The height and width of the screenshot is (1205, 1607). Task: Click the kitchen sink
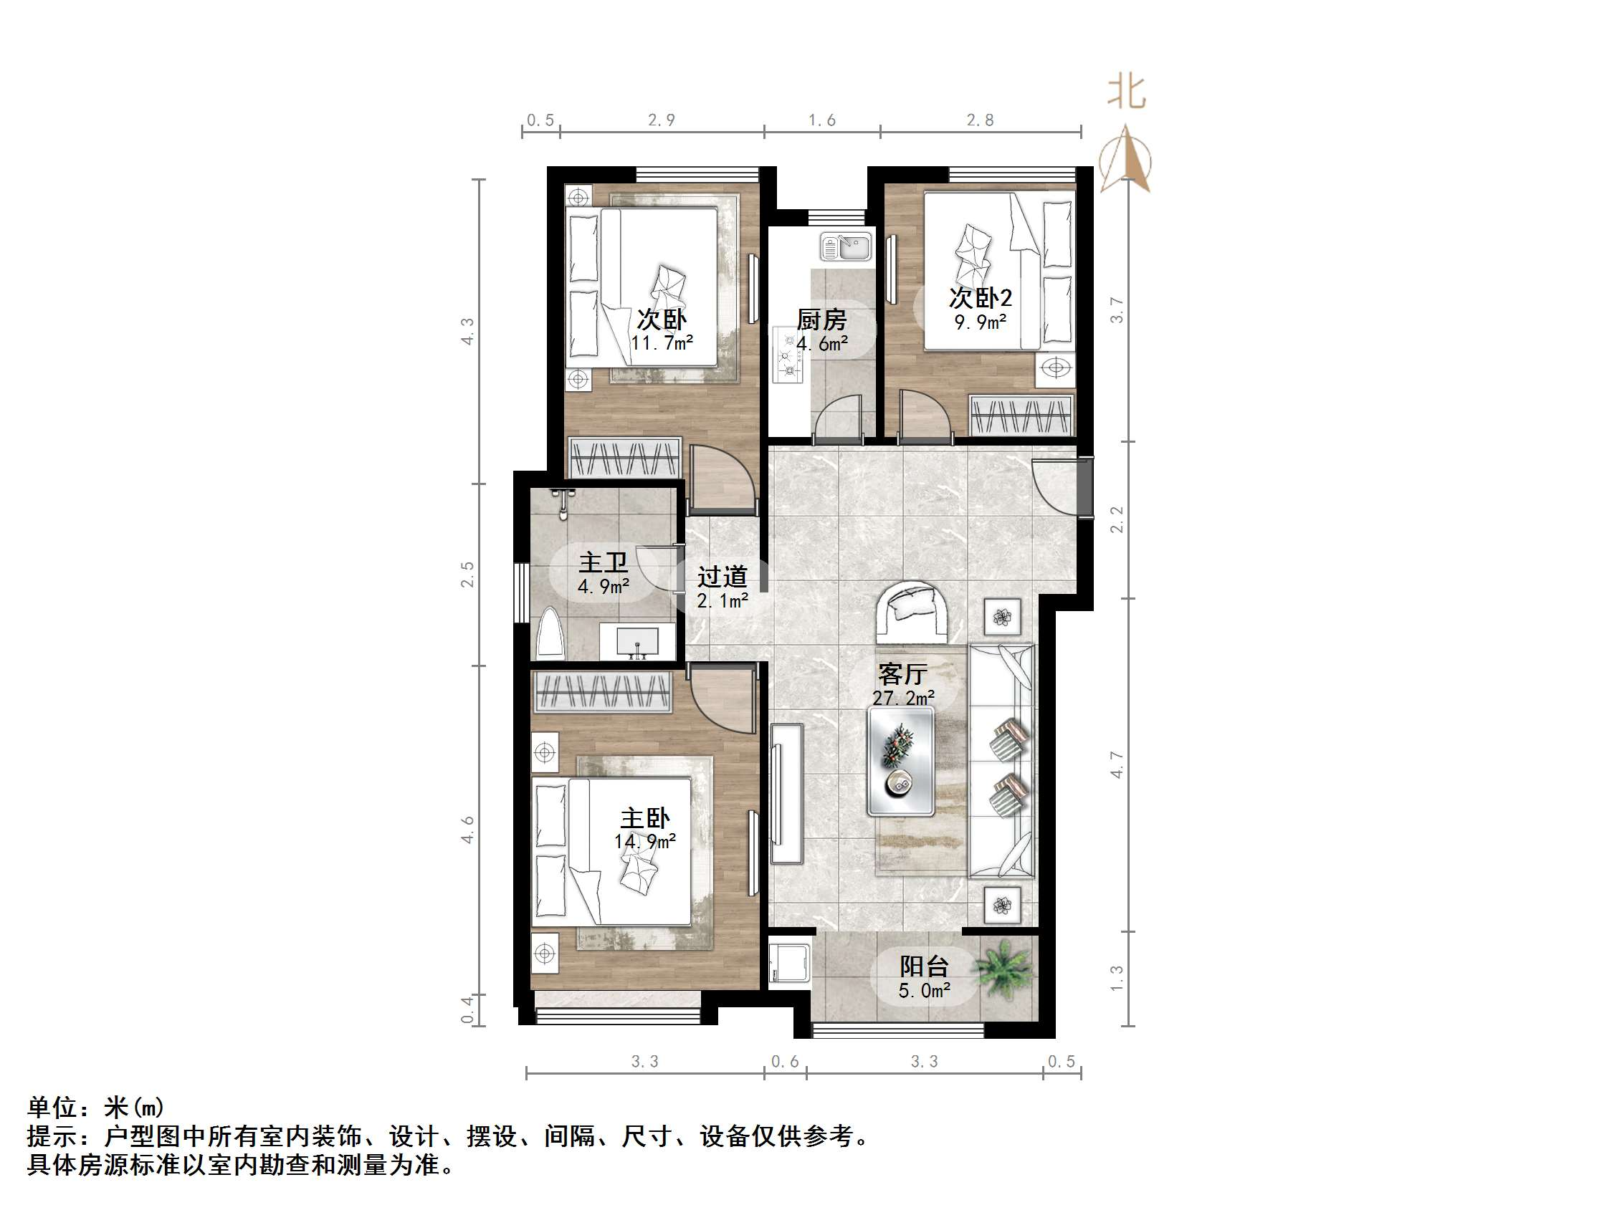[846, 247]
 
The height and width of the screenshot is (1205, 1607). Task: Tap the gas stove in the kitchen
[788, 356]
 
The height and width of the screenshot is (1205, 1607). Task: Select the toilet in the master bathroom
[550, 635]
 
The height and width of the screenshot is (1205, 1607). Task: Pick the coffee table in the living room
[901, 762]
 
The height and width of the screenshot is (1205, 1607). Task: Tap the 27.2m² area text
[903, 698]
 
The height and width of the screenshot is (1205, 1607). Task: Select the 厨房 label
[821, 320]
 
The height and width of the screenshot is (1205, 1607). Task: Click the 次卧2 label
[980, 298]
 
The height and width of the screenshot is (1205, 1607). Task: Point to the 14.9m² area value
[644, 842]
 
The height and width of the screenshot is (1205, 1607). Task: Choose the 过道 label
[722, 577]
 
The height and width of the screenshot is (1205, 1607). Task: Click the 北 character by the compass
[1126, 93]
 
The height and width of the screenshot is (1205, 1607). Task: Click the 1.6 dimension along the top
[821, 120]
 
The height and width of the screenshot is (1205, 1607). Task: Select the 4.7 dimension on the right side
[1117, 765]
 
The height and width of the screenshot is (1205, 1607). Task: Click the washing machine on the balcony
[789, 963]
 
